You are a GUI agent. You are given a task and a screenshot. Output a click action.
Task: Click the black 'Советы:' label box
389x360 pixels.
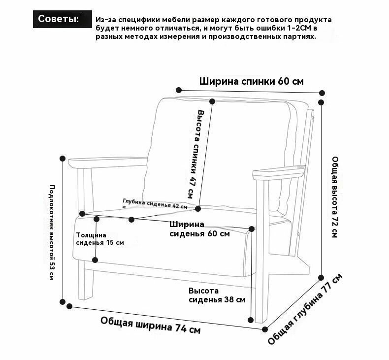(62, 19)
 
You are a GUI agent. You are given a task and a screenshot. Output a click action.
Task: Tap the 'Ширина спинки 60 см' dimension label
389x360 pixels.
(251, 81)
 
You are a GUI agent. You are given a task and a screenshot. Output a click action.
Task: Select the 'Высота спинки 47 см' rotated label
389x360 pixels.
(196, 154)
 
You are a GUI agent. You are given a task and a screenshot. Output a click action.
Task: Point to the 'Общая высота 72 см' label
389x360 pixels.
(335, 197)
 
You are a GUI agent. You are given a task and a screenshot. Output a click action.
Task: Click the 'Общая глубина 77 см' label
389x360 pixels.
(305, 309)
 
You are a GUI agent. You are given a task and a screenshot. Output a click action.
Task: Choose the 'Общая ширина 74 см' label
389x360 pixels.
(150, 325)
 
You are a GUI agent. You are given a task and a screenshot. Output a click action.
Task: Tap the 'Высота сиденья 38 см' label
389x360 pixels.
(217, 295)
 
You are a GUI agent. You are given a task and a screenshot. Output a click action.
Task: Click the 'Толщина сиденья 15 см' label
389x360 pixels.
(100, 239)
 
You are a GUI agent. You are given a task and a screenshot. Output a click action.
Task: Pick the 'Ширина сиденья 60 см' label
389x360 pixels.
(199, 229)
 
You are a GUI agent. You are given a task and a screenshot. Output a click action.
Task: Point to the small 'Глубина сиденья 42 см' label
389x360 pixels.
(155, 204)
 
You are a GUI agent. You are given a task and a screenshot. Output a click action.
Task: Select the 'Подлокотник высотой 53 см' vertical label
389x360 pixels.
(51, 232)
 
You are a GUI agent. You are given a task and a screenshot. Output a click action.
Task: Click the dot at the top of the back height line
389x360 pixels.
(212, 101)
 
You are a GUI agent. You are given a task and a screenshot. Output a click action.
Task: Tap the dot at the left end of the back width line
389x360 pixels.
(179, 90)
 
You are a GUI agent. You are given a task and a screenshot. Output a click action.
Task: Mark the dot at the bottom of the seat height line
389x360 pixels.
(251, 320)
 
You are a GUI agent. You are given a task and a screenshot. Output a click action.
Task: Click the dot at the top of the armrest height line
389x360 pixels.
(63, 158)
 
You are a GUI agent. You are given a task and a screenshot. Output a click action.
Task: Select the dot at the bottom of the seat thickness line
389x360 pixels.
(95, 260)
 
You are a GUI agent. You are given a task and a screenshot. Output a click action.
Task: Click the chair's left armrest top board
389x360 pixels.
(108, 162)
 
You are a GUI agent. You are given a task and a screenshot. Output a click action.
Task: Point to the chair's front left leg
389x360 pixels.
(86, 280)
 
